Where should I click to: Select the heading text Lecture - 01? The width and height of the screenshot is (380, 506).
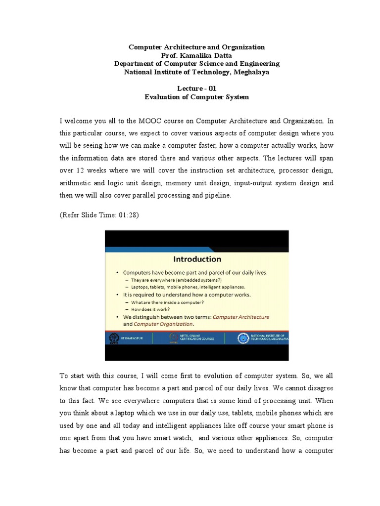coord(196,88)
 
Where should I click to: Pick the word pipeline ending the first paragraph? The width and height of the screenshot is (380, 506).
coord(217,195)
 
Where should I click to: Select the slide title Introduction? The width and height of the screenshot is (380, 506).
coord(197,259)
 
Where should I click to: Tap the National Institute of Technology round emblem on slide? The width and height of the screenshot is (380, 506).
coord(243,338)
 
